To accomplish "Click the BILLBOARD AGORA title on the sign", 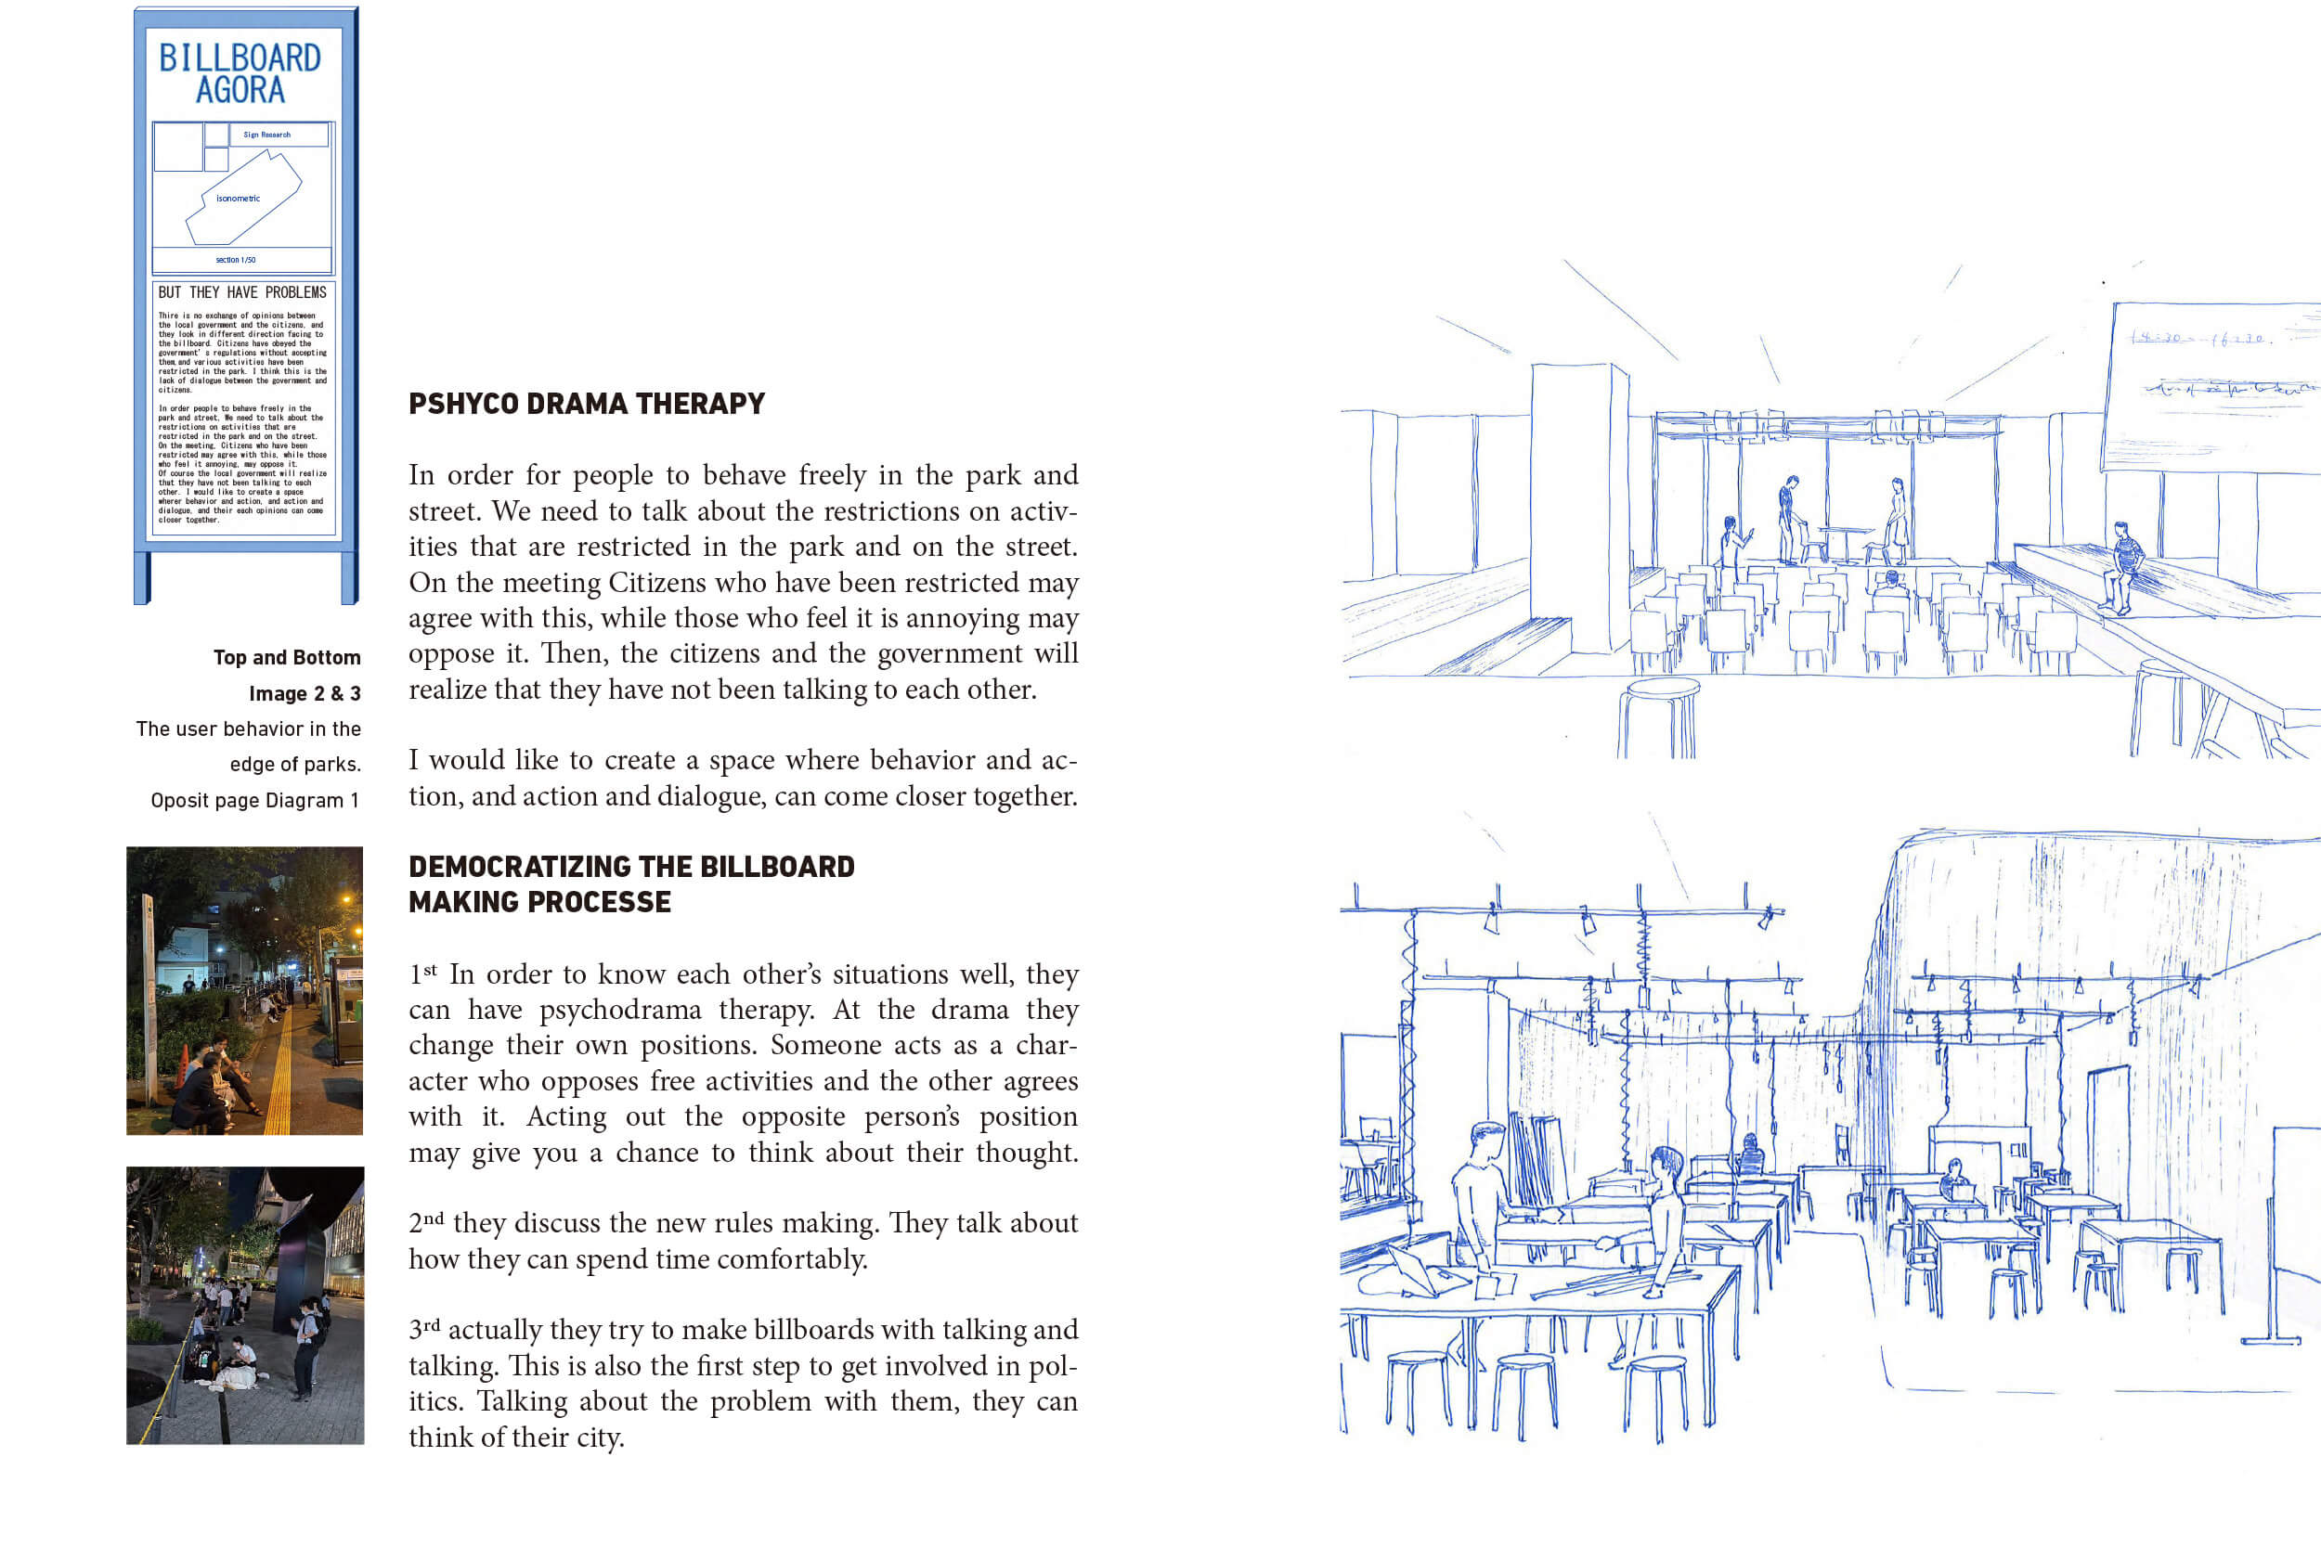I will coord(240,73).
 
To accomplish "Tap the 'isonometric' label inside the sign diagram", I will coord(238,199).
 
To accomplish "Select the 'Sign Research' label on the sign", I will coord(266,135).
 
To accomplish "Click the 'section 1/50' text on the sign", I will coord(236,261).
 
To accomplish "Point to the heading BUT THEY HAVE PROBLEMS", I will coord(242,292).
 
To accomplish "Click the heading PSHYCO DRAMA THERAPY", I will coord(586,404).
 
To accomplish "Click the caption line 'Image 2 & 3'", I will coord(305,693).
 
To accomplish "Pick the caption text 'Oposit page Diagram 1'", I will coord(253,801).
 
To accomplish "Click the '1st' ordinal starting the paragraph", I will coord(422,974).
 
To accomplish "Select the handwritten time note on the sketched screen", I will coord(2200,340).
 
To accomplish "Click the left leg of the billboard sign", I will coord(141,577).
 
